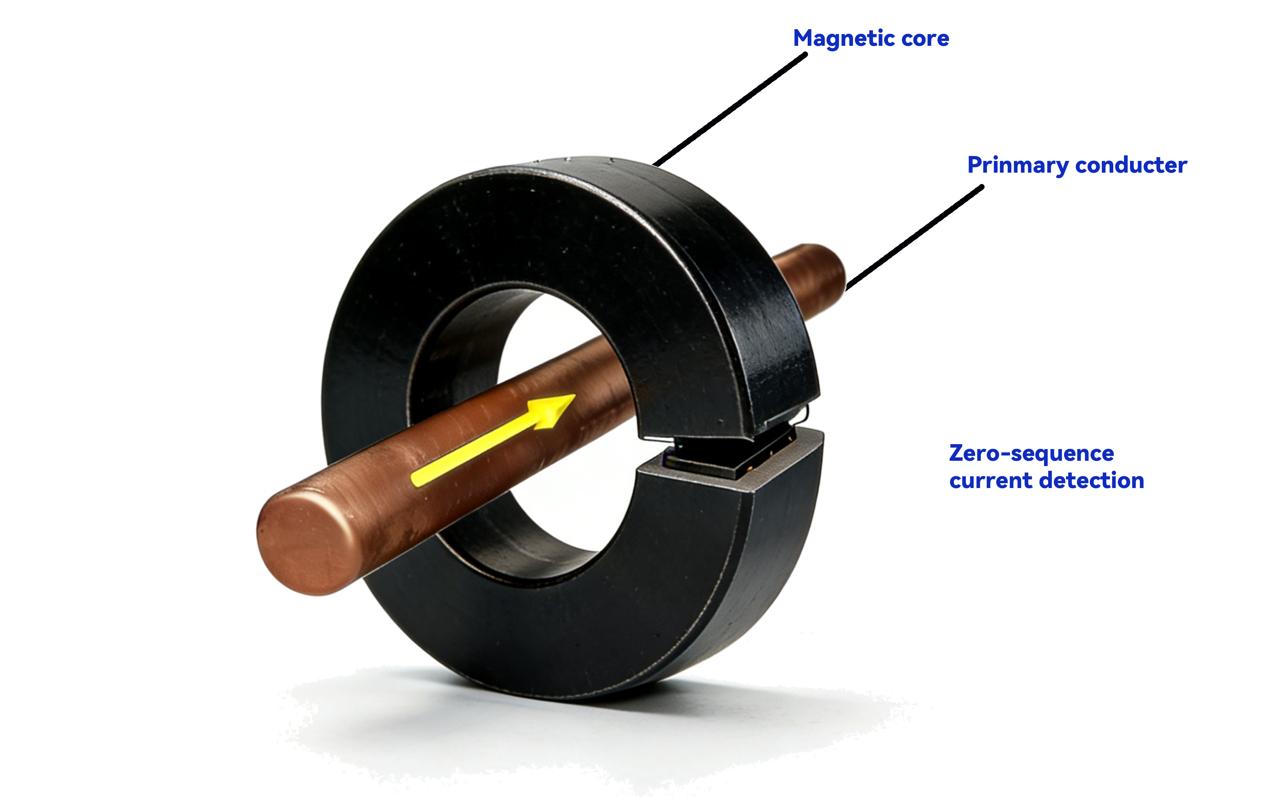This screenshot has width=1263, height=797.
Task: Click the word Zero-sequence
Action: coord(1031,454)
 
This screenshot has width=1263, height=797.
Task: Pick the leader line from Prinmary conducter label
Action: coord(915,237)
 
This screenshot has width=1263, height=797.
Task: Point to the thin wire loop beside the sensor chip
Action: coord(805,414)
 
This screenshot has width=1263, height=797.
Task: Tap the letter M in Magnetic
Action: coord(803,39)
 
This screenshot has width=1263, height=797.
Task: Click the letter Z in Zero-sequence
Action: coord(957,454)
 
